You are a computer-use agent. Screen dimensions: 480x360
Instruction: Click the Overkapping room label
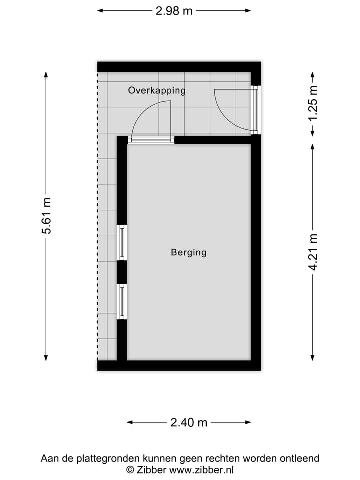(157, 90)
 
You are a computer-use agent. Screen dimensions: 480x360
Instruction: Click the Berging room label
(189, 252)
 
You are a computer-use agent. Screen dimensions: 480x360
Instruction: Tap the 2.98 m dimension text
(174, 11)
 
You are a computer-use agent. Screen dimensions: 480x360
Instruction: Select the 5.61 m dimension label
(46, 216)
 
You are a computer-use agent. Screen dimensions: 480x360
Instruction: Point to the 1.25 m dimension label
(313, 103)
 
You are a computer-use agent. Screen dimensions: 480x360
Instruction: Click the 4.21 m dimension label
(313, 252)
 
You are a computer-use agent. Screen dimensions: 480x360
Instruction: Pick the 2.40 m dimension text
(189, 422)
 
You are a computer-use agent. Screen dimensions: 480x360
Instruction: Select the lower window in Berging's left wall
(121, 301)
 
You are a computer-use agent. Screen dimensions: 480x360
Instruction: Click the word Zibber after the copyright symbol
(152, 470)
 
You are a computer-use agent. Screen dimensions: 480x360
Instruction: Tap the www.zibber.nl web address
(201, 470)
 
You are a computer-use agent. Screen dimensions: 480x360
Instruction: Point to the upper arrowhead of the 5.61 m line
(46, 75)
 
